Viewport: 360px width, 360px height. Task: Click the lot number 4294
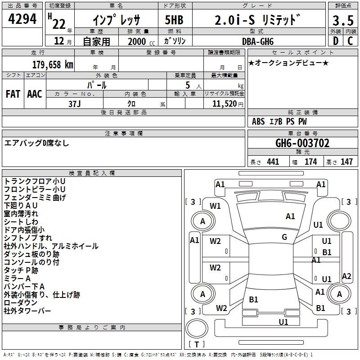(x=22, y=19)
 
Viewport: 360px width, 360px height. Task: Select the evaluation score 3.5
(x=343, y=20)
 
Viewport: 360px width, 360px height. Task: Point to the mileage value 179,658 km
(x=53, y=64)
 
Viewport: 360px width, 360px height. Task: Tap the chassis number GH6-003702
(x=302, y=143)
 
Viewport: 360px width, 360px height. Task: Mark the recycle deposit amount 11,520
(x=221, y=103)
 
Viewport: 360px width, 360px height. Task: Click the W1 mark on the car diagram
(x=216, y=206)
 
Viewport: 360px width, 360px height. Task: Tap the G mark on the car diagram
(x=284, y=237)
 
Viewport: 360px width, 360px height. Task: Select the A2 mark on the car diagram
(x=346, y=276)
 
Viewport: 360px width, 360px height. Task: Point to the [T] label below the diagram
(x=197, y=344)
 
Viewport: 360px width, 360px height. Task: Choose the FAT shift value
(x=13, y=94)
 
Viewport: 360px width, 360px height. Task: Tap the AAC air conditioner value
(x=34, y=94)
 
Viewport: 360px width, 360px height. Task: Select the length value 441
(x=273, y=162)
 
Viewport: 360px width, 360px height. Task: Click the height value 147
(x=346, y=162)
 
